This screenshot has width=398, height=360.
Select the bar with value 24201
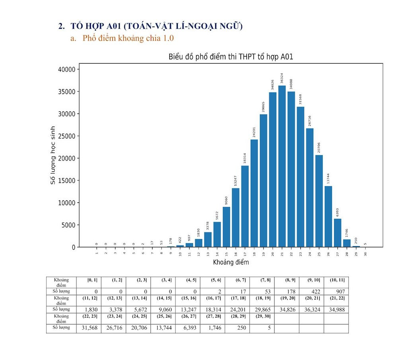pyautogui.click(x=254, y=193)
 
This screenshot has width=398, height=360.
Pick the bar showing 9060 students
pyautogui.click(x=226, y=227)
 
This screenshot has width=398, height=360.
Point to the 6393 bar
pyautogui.click(x=338, y=233)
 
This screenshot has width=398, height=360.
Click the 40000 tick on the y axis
pyautogui.click(x=66, y=70)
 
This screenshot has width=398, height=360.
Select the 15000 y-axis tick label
pyautogui.click(x=66, y=181)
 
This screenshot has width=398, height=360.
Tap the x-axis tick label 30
pyautogui.click(x=365, y=253)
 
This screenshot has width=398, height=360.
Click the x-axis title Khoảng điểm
pyautogui.click(x=231, y=262)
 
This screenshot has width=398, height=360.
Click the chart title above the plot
pyautogui.click(x=231, y=57)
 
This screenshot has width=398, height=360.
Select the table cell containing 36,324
pyautogui.click(x=311, y=309)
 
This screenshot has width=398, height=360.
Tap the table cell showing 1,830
pyautogui.click(x=89, y=309)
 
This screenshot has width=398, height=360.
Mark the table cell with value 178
pyautogui.click(x=287, y=292)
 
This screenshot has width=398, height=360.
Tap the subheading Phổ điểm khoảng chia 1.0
pyautogui.click(x=128, y=39)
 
